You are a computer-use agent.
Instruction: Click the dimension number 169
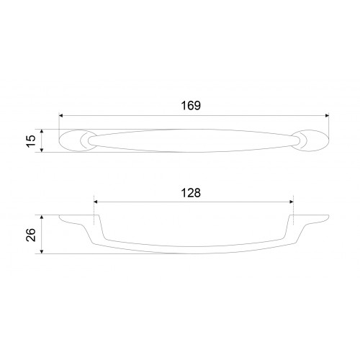click(x=191, y=106)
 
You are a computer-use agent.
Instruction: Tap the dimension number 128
click(x=191, y=193)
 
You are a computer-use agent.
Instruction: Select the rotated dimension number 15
click(x=31, y=141)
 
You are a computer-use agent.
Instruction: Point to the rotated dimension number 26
click(x=31, y=235)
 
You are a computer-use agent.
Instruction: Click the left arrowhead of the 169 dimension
click(x=61, y=116)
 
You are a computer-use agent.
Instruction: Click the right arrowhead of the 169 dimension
click(x=327, y=116)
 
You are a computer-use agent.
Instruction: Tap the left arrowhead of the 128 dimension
click(x=96, y=202)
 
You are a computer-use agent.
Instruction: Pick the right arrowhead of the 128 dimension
click(x=292, y=202)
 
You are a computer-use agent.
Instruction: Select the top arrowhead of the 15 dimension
click(x=42, y=131)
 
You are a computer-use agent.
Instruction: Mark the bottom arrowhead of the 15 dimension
click(x=42, y=150)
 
